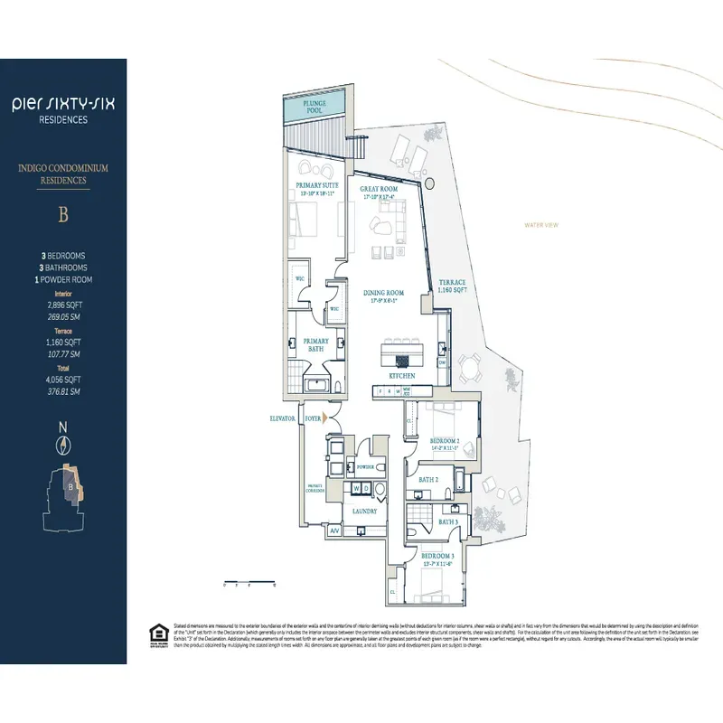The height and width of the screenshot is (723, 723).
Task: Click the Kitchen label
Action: pyautogui.click(x=401, y=374)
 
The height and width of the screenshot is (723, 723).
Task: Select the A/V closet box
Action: pyautogui.click(x=334, y=530)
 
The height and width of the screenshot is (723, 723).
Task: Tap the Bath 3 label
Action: pyautogui.click(x=447, y=521)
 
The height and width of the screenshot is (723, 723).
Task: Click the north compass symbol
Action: pyautogui.click(x=63, y=444)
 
